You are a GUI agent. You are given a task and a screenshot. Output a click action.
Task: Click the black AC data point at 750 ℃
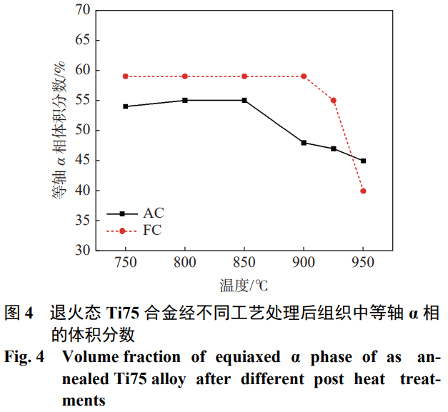pyautogui.click(x=125, y=106)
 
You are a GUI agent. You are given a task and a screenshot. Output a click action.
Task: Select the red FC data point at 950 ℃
pyautogui.click(x=363, y=191)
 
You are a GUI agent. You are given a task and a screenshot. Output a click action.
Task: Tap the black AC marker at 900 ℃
pyautogui.click(x=304, y=143)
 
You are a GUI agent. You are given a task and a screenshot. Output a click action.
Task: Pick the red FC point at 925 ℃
pyautogui.click(x=333, y=101)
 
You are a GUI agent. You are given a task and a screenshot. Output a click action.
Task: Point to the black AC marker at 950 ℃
pyautogui.click(x=363, y=161)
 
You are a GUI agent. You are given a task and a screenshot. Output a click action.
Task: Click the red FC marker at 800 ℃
pyautogui.click(x=184, y=76)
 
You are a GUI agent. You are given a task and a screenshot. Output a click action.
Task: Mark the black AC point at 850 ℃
pyautogui.click(x=244, y=101)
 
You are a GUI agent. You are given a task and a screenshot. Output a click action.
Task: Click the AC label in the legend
pyautogui.click(x=153, y=213)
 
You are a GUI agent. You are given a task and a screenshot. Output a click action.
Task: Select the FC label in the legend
pyautogui.click(x=152, y=231)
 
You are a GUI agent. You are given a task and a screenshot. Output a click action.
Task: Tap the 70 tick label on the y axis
pyautogui.click(x=82, y=10)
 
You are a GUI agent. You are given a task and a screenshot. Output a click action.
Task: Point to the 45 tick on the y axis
pyautogui.click(x=82, y=161)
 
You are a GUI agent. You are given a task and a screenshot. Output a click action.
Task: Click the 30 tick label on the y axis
pyautogui.click(x=82, y=251)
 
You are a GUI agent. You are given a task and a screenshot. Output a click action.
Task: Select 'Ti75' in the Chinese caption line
pyautogui.click(x=123, y=313)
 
